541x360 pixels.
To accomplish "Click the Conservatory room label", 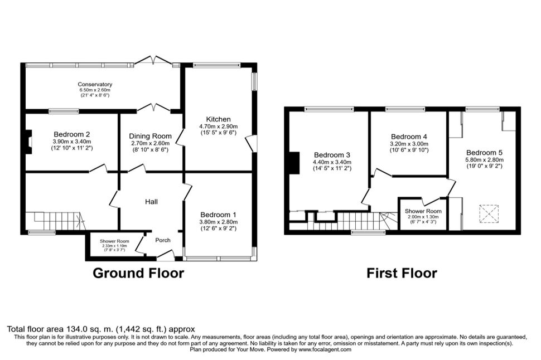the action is coord(95,84).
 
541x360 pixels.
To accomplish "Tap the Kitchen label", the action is coord(219,119).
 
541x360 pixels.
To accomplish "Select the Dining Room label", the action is coord(150,136).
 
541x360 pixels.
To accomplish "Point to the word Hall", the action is coord(152,202).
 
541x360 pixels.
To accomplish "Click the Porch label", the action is coord(163,240).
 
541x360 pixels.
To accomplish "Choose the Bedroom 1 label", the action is coord(219,215).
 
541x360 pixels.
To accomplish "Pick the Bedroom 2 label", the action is coord(72,134).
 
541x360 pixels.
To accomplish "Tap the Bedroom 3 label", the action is coord(332,155).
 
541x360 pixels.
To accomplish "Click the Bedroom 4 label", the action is coord(409,137).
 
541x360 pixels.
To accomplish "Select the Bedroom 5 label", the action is coord(485,153).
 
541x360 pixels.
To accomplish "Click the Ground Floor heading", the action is coord(138,273).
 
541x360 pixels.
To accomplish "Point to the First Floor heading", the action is coord(402,273).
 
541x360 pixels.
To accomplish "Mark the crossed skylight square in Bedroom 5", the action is coord(489,214).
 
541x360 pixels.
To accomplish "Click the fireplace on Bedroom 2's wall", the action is coord(29,142).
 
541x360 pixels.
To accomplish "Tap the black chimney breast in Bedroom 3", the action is coord(294,163).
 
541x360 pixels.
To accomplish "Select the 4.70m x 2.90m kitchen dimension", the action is coord(219,127).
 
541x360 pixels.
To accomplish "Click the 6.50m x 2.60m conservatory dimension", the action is coord(95,90).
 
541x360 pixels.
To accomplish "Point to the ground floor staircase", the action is coord(56,221).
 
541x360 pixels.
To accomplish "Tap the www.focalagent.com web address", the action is coord(325,349).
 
